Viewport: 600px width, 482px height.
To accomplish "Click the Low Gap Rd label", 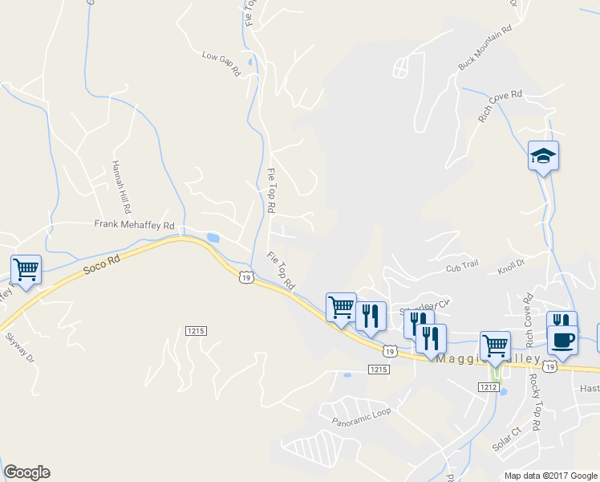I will click(221, 63).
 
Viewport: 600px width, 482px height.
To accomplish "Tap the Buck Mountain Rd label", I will click(484, 48).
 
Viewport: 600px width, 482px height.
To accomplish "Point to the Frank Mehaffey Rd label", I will click(134, 226).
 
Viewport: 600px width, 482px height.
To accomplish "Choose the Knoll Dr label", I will click(510, 263).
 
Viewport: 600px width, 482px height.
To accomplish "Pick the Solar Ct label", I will click(507, 441).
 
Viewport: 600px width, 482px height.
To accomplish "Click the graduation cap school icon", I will click(543, 157).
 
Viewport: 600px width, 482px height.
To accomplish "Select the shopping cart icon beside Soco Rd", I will click(26, 270).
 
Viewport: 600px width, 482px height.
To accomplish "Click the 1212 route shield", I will click(491, 388).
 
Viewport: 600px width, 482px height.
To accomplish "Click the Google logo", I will click(26, 472).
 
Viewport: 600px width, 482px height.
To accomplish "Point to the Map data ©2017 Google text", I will click(549, 476).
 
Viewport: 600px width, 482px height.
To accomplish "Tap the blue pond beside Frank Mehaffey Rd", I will click(213, 238).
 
